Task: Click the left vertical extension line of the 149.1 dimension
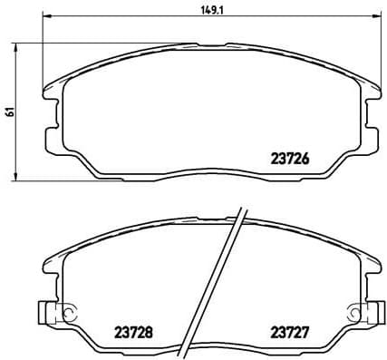click(x=44, y=54)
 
